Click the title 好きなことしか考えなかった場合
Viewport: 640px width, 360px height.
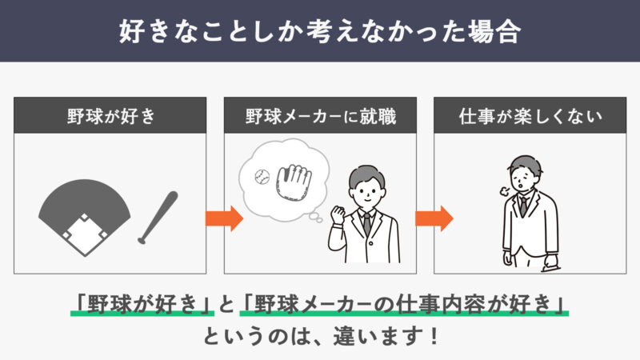pos(320,31)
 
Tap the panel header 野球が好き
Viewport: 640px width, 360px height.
pos(111,116)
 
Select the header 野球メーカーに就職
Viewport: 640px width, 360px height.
pos(321,116)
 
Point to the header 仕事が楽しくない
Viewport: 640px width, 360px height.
pos(530,116)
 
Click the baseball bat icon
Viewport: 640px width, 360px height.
pos(158,218)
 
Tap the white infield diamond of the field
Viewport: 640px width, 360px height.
pos(85,234)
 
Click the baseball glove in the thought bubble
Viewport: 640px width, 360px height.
pos(294,182)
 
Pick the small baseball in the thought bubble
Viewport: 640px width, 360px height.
pos(262,177)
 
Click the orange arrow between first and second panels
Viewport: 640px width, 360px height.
pos(224,218)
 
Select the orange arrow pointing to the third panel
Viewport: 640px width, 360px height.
pos(434,218)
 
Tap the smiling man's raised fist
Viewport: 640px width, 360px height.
pos(338,214)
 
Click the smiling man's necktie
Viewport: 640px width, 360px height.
pos(367,225)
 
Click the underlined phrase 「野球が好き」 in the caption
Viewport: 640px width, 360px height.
pos(142,305)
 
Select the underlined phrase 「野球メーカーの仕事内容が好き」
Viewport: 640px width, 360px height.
pos(404,305)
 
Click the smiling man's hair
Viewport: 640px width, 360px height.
pos(366,174)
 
